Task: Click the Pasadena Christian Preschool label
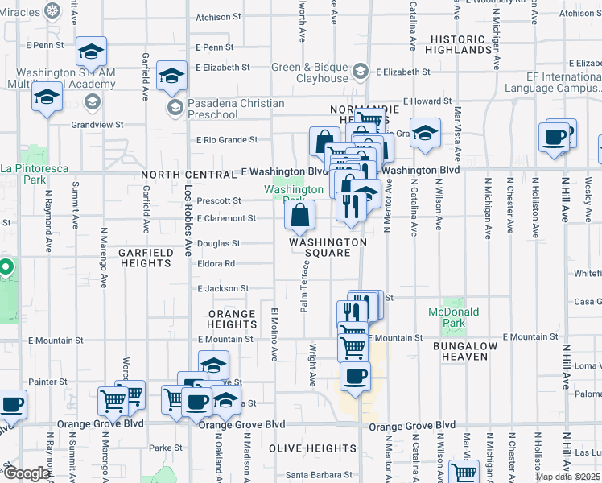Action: tap(235, 109)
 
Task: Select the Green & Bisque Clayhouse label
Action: tap(309, 73)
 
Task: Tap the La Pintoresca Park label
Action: tap(34, 174)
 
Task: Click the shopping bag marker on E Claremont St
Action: tap(299, 215)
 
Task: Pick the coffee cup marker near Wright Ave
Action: tap(354, 377)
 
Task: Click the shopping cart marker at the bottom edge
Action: tap(464, 473)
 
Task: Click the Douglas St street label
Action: tap(218, 243)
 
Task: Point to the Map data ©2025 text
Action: tap(567, 477)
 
